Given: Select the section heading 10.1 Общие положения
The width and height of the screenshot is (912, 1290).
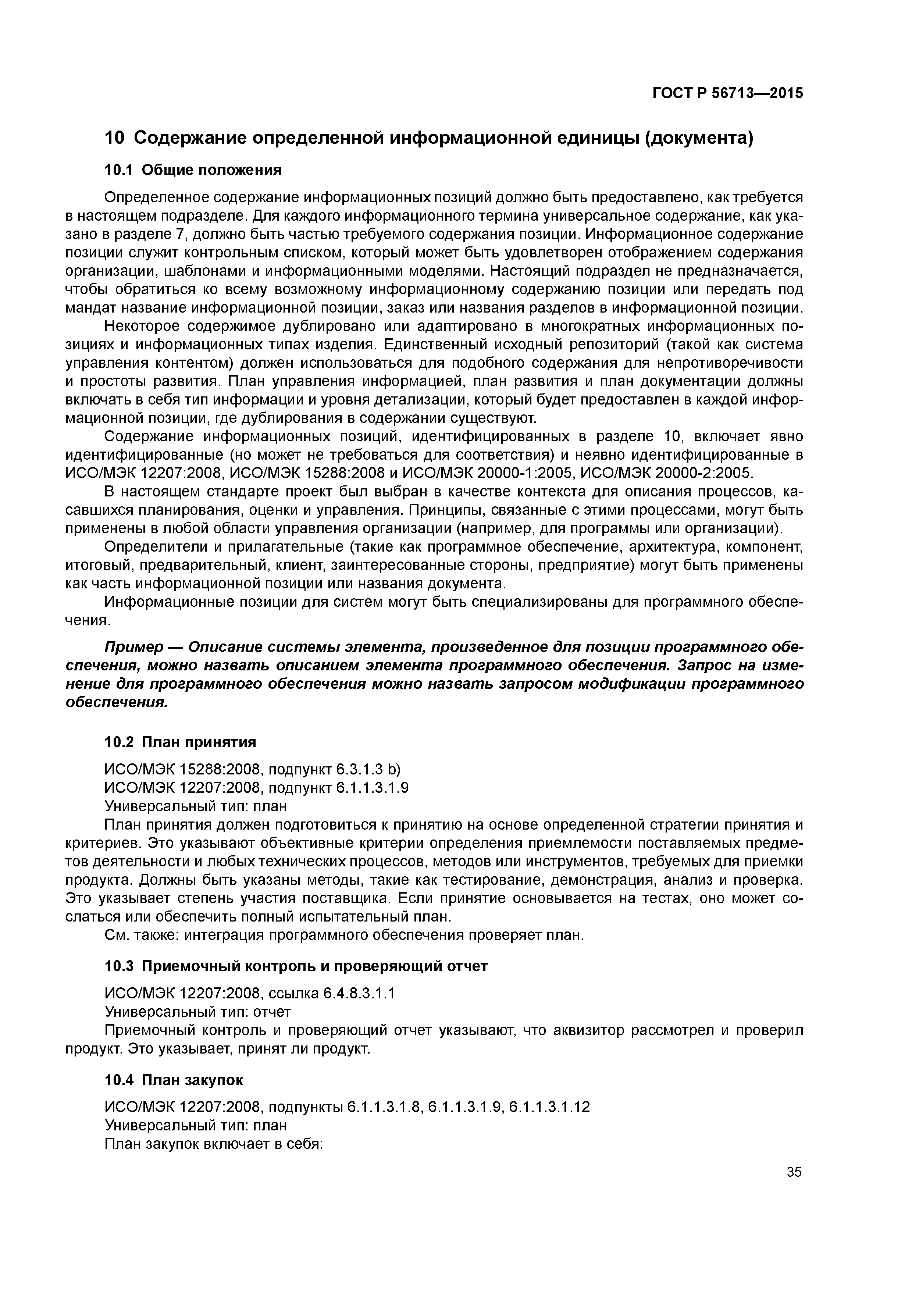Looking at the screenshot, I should (193, 170).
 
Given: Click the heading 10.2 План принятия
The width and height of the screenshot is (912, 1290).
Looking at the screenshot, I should (180, 742).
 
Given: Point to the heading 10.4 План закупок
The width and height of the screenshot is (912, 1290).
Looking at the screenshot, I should (174, 1080).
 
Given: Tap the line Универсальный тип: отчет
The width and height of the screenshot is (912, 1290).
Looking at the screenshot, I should (198, 1012).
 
